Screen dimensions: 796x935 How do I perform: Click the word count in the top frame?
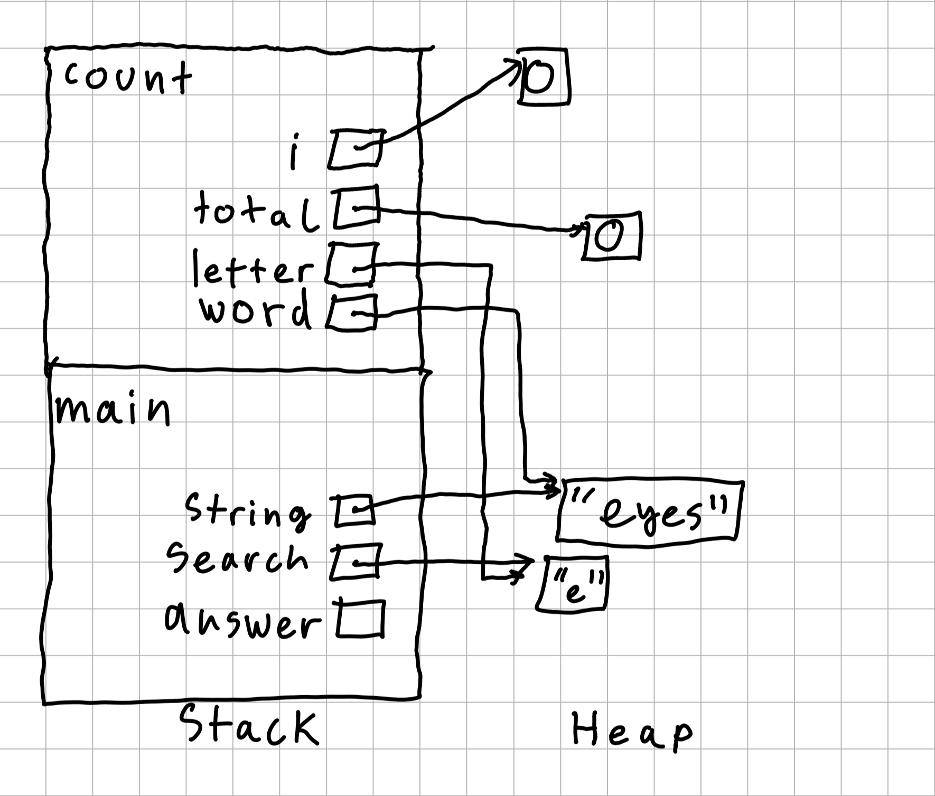tap(128, 78)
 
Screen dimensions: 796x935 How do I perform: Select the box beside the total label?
tap(357, 209)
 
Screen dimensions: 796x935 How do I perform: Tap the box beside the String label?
tap(353, 510)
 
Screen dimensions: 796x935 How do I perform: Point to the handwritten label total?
tap(256, 212)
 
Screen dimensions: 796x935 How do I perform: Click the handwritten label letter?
tap(253, 269)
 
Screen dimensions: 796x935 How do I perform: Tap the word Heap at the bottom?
tap(631, 730)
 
